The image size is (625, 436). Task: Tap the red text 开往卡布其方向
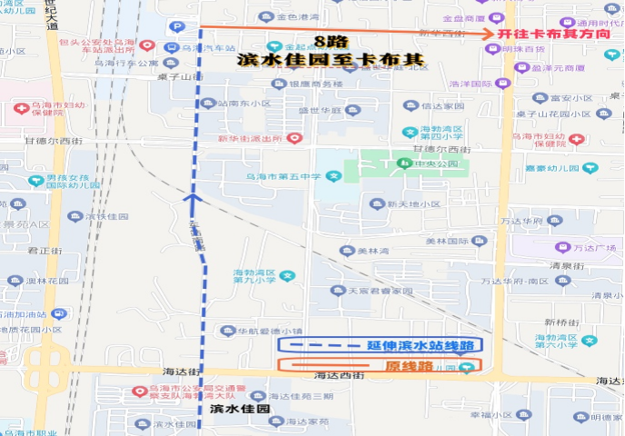[554, 34]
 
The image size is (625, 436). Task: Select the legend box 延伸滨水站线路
[381, 345]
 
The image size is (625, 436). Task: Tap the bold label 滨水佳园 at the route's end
[240, 409]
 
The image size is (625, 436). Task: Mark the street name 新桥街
[561, 322]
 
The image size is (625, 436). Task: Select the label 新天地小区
[413, 204]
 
